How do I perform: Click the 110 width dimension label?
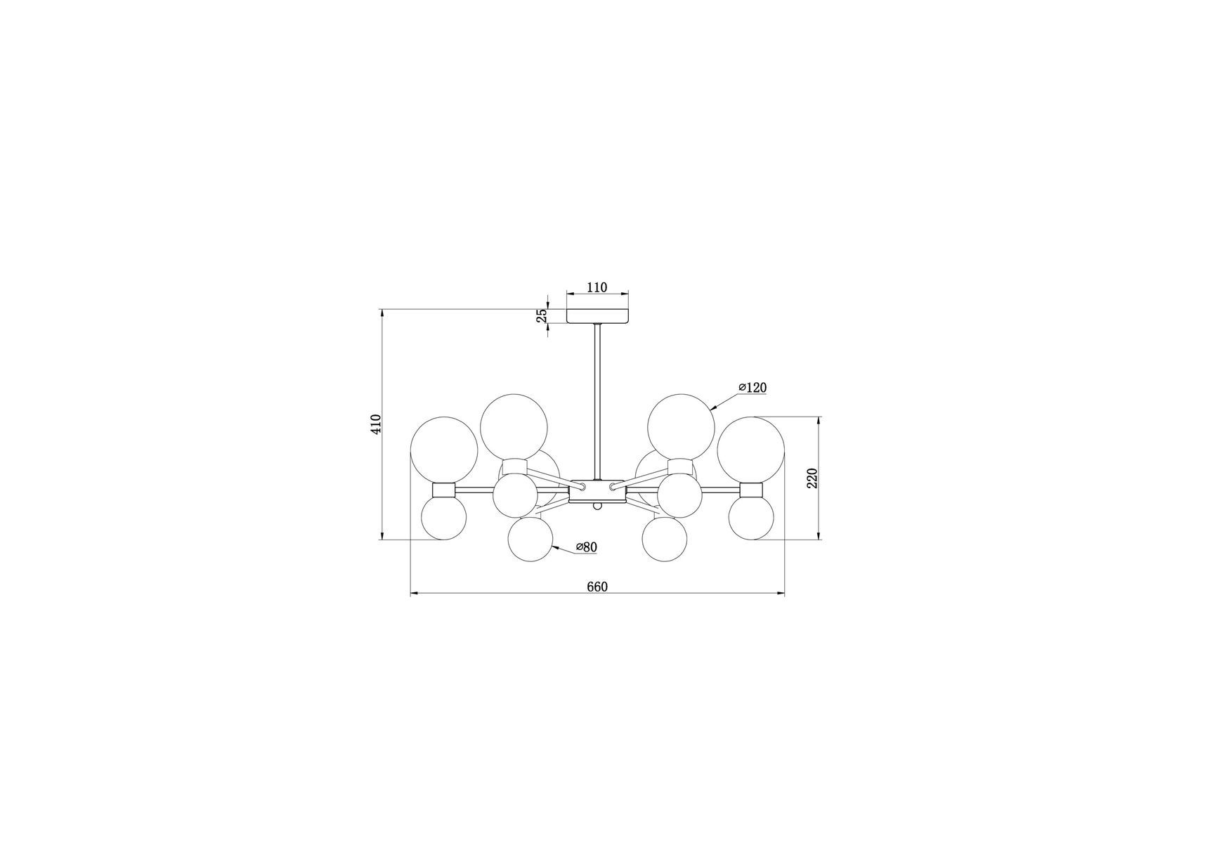pos(597,287)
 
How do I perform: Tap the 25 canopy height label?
pos(542,316)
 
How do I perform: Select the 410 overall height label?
pos(376,424)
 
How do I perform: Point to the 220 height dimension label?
pos(812,478)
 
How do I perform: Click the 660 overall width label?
pos(597,587)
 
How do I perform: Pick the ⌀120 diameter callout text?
pos(753,388)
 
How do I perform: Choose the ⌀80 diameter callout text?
pos(586,547)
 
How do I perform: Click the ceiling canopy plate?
pos(597,316)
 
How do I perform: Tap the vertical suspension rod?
pos(597,402)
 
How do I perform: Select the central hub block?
pos(597,491)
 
